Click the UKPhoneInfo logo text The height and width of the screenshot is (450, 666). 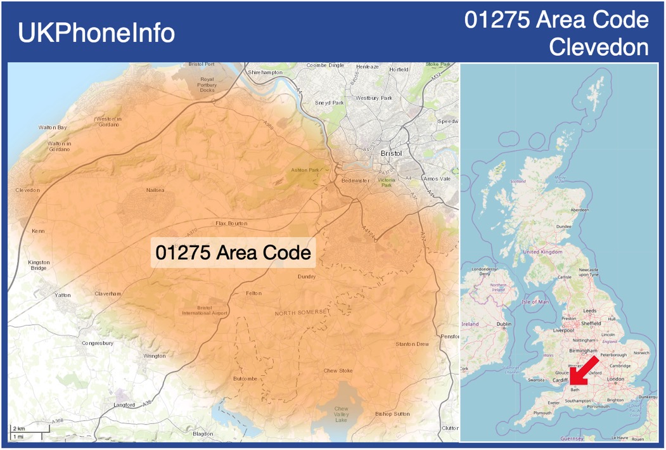pyautogui.click(x=96, y=33)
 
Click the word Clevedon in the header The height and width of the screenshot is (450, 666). pyautogui.click(x=599, y=47)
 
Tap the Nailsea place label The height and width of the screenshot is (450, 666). pyautogui.click(x=155, y=190)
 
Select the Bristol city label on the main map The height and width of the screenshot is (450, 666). pyautogui.click(x=392, y=154)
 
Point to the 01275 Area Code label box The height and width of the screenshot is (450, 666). pyautogui.click(x=233, y=253)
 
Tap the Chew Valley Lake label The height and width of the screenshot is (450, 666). pyautogui.click(x=342, y=415)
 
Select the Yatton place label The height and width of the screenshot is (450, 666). pyautogui.click(x=63, y=295)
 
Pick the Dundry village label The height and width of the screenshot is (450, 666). pyautogui.click(x=307, y=276)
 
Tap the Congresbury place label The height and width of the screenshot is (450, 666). pyautogui.click(x=98, y=344)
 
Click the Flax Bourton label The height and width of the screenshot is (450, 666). pyautogui.click(x=231, y=224)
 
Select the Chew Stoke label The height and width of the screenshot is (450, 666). pyautogui.click(x=338, y=371)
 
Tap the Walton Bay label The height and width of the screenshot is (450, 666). pyautogui.click(x=53, y=127)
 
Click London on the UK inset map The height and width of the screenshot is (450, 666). pyautogui.click(x=616, y=379)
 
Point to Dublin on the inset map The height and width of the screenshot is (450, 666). pyautogui.click(x=504, y=325)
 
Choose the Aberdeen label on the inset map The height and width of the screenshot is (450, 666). pyautogui.click(x=579, y=210)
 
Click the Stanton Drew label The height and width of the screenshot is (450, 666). pyautogui.click(x=412, y=344)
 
